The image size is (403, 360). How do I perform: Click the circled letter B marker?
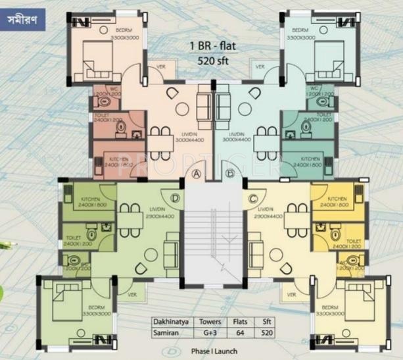tap(230, 174)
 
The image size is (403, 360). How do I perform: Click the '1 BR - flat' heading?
tap(212, 47)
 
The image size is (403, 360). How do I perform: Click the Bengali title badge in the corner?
tap(24, 18)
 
